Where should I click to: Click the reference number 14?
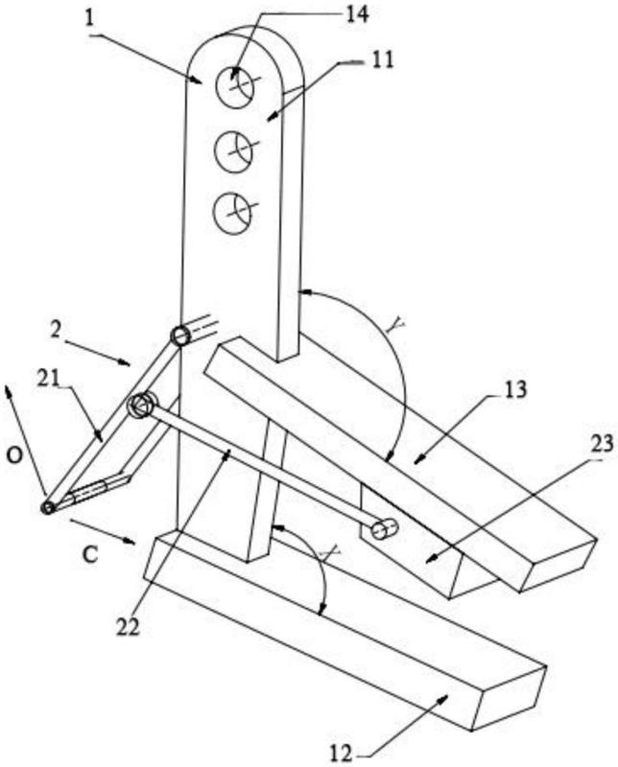point(356,13)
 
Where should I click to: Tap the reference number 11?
point(383,60)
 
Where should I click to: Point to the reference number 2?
point(56,330)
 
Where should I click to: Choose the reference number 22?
point(128,627)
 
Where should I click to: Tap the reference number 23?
point(602,443)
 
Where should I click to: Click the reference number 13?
point(516,389)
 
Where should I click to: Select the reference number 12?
point(341,754)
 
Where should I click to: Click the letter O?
point(14,456)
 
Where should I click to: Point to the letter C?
point(90,555)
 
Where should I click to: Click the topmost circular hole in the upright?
point(235,87)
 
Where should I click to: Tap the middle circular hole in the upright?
point(233,151)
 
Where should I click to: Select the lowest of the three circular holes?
point(232,213)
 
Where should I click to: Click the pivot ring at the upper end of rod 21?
point(180,337)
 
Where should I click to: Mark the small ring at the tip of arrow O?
point(47,508)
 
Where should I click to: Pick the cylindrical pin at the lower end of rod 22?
point(384,529)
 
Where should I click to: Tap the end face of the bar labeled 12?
point(509,698)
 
